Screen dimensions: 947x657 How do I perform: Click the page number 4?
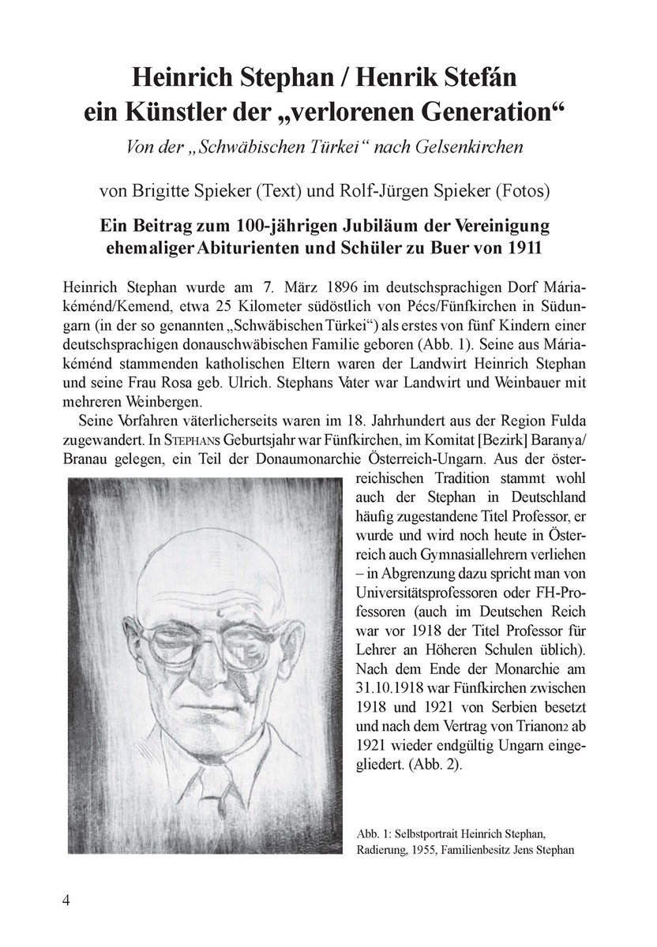click(x=66, y=902)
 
